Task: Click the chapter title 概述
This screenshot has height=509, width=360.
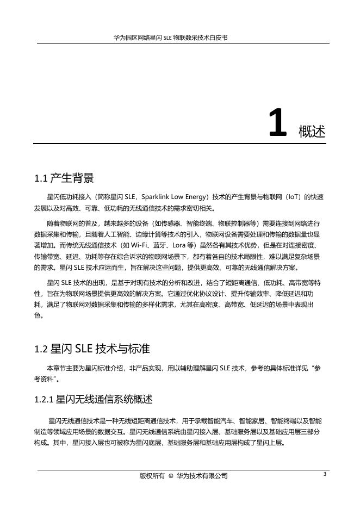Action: (x=312, y=131)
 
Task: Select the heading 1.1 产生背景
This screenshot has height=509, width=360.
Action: (x=64, y=178)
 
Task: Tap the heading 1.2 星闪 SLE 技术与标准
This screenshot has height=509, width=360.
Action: (x=91, y=348)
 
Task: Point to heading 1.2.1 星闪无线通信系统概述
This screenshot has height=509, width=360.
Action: (x=93, y=400)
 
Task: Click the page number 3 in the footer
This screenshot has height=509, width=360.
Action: (x=324, y=474)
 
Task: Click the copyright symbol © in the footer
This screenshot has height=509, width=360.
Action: (x=171, y=476)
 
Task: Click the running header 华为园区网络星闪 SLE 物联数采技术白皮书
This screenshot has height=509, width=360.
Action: (x=170, y=39)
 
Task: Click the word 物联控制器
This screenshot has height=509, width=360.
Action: (x=228, y=223)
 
